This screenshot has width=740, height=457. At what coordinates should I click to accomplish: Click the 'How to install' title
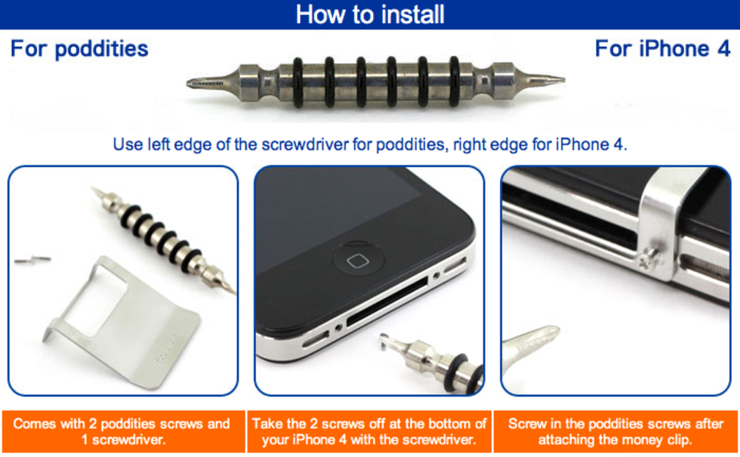pos(370,14)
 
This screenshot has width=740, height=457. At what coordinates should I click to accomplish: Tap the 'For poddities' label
pos(79,49)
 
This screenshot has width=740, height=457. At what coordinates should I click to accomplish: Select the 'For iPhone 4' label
pos(663,48)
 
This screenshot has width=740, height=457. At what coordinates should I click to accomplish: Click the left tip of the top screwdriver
pos(187,84)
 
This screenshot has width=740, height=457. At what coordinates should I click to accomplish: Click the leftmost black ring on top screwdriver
pos(298,82)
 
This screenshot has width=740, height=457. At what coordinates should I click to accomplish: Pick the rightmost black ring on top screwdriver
pos(455,82)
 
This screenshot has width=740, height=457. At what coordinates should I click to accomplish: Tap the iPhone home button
pos(357,260)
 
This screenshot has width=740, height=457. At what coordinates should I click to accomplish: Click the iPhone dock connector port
pos(387,301)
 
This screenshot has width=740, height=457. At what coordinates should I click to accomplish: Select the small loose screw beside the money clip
pos(32,259)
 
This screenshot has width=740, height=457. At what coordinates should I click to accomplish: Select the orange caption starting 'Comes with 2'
pos(122,431)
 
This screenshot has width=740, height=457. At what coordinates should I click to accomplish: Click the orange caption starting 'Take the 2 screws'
pos(369,431)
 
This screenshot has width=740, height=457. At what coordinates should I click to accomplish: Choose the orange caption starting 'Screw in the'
pos(615,431)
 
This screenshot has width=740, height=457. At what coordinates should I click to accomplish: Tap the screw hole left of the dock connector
pos(338,327)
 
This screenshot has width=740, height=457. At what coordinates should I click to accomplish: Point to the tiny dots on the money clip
pos(167,348)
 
